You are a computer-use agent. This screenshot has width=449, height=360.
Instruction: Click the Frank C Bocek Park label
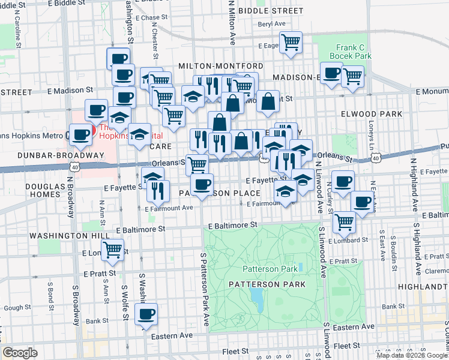coord(354,52)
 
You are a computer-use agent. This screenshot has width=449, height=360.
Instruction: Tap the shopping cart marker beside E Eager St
coord(291,43)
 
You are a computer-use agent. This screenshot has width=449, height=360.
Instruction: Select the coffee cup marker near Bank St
coord(146,314)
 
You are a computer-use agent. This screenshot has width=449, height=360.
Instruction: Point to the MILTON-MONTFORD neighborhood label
coord(220,65)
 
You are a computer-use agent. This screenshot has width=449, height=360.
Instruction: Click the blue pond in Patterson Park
coord(256,296)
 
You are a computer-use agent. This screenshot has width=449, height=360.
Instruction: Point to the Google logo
coord(20,352)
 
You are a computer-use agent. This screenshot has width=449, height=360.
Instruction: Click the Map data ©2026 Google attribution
coord(411,355)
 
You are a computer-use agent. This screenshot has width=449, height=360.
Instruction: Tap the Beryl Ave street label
coord(271,24)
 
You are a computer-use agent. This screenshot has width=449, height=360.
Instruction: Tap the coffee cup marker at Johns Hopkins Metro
coord(80,135)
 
